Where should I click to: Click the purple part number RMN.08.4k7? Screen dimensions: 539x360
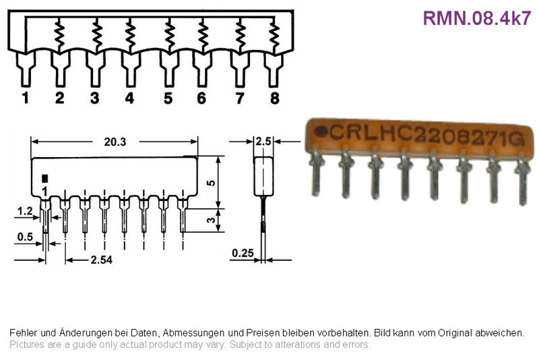coord(477,18)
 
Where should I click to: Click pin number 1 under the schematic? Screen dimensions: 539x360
coord(25,98)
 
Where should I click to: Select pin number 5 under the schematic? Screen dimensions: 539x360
coord(168,98)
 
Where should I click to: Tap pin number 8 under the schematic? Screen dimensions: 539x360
coord(275,98)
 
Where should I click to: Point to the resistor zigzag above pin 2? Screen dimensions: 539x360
coord(59,36)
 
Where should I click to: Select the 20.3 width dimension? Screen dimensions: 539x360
coord(115,142)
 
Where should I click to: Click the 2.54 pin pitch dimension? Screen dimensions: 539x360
coord(102,260)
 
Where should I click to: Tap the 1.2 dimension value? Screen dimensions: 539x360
coord(25,211)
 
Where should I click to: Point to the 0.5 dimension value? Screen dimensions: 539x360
coord(25,237)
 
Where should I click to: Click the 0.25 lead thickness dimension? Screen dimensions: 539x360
coord(243,253)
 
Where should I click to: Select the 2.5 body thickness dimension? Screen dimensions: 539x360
coord(263,142)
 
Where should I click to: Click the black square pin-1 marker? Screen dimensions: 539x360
coord(44,179)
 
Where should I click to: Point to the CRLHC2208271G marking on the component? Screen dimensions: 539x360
coord(426,135)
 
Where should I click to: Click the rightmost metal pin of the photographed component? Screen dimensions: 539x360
coord(523,182)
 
